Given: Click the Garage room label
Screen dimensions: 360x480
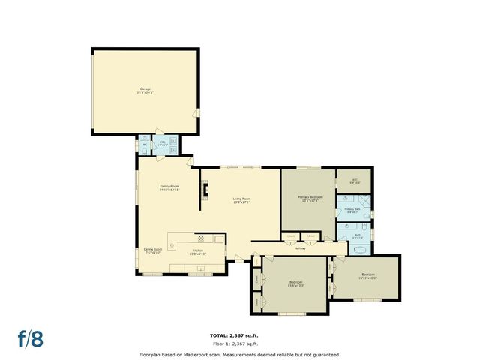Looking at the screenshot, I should coord(144,91).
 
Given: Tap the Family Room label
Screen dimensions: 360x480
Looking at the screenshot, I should coord(169,188).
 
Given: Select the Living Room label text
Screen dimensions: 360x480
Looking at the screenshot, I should coord(241,200).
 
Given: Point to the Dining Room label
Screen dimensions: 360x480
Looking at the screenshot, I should coord(152,251).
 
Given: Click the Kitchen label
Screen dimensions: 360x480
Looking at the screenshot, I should coord(197,251).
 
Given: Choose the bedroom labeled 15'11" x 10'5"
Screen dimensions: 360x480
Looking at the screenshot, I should coord(367,276).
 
